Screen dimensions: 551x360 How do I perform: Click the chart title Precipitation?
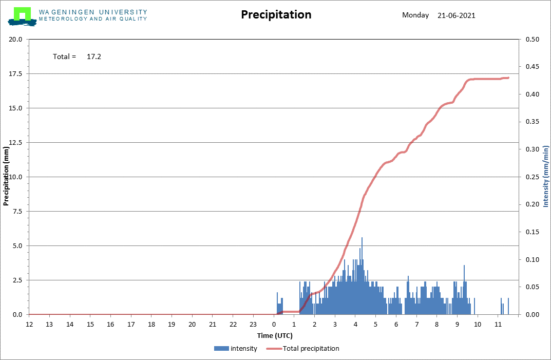coord(276,14)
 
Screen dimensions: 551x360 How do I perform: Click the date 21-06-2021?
coord(456,15)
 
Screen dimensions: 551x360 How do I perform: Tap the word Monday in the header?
coord(415,15)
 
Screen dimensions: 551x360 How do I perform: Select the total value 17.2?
coord(94,56)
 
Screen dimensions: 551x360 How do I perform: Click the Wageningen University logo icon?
coord(22,16)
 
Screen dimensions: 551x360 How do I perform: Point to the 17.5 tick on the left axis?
coord(15,74)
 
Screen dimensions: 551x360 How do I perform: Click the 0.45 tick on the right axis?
coord(533,67)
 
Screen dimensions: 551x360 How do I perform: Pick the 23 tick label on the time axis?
coord(253,324)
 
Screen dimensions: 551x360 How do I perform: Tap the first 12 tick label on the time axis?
coord(29,324)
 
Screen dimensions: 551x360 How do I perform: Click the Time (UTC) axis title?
coord(275,336)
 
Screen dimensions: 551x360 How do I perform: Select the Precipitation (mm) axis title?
coord(6,176)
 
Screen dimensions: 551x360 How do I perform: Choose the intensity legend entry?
coord(235,348)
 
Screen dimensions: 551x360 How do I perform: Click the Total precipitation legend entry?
coord(302,348)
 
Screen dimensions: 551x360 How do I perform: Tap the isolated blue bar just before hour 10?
coord(474,306)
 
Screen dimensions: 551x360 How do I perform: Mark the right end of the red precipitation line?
coord(508,78)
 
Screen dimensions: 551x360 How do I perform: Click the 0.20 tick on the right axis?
coord(533,204)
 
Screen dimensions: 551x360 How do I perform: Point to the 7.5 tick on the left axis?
coord(17,211)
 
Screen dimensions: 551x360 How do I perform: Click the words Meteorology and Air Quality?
coord(93,19)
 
